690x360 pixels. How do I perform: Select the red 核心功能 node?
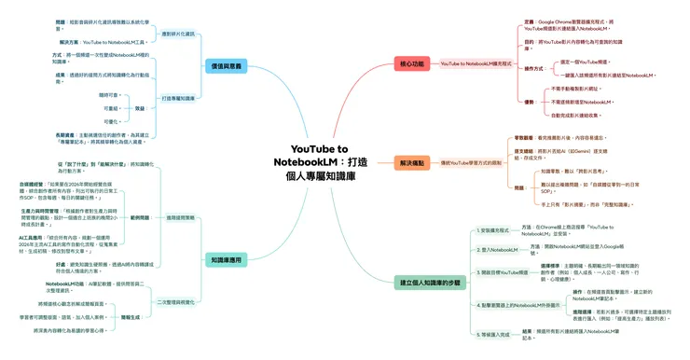coord(410,63)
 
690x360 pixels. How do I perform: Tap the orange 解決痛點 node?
coord(410,162)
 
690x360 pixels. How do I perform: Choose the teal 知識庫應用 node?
coord(223,261)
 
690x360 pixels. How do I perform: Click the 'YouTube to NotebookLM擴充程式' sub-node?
coord(476,63)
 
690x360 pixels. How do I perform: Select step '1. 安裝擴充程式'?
coord(493,228)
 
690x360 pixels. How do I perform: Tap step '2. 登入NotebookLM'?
coord(496,249)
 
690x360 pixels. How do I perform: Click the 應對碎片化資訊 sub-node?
coord(178,34)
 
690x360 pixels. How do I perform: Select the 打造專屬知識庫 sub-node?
coord(178,97)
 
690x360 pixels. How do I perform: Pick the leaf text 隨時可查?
coord(109,95)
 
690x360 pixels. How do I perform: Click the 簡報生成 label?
coord(131,317)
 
